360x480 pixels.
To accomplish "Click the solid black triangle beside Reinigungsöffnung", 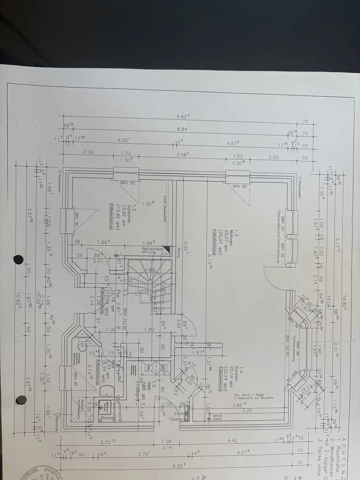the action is pyautogui.click(x=166, y=250).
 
